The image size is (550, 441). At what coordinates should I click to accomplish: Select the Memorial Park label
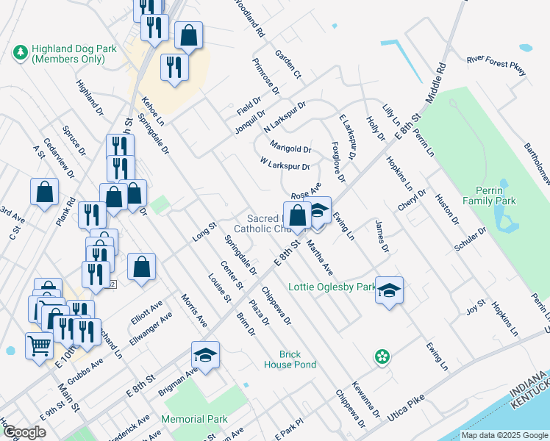pos(194,419)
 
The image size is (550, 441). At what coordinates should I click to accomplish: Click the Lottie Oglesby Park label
pos(332,286)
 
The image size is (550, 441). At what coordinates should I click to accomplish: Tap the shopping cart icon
pos(39,345)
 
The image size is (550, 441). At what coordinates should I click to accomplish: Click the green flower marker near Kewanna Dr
pos(382,357)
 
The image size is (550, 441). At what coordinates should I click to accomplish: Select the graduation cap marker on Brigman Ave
pos(206,355)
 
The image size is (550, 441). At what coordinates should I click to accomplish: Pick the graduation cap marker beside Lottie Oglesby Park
pos(389,290)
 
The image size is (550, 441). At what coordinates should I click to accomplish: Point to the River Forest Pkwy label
pos(496,65)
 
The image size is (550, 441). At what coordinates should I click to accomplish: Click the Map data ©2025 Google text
pos(504,435)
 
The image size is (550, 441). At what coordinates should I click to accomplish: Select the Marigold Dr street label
pos(290,147)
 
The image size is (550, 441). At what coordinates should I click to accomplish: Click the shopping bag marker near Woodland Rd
pos(189,36)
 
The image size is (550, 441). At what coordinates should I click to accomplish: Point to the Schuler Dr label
pos(471,239)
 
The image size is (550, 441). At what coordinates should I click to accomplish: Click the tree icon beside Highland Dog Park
pos(20,53)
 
